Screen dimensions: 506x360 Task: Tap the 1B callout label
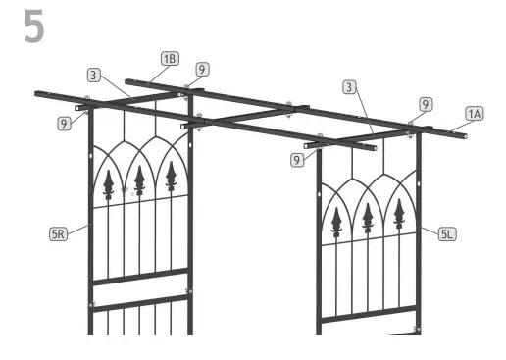tap(170, 58)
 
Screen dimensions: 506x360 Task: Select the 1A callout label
tap(474, 114)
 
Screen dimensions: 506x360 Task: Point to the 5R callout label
tap(59, 234)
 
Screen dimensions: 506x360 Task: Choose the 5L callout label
tap(446, 233)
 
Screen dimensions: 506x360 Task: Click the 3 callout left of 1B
tap(92, 74)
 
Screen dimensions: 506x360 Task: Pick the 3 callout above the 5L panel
tap(348, 87)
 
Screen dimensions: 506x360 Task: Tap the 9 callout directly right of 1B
tap(201, 70)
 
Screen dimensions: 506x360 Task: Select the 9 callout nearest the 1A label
tap(425, 103)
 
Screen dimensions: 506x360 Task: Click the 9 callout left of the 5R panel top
tap(64, 124)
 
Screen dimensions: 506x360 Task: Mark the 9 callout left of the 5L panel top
tap(295, 158)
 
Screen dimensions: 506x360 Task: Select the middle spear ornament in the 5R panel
tap(140, 180)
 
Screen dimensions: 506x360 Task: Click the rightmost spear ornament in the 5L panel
tap(399, 213)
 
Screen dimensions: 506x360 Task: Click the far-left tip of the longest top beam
tap(36, 94)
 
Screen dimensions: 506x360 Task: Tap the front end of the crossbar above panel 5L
tap(308, 146)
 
